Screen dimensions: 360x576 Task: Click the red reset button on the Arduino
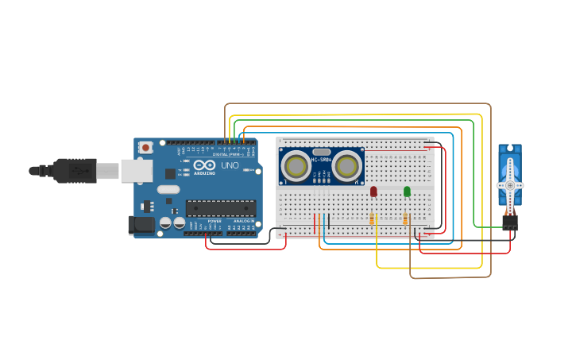[145, 147]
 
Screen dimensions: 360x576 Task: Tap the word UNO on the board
[230, 165]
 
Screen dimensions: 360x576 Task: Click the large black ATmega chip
[220, 208]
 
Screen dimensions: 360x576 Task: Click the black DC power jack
[141, 225]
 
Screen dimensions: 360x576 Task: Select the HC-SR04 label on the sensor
[321, 160]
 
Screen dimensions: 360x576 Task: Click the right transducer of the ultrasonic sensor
[346, 166]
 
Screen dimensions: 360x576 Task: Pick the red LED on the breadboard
[373, 192]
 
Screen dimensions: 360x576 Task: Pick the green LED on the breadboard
[407, 192]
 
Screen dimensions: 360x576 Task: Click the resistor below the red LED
[372, 219]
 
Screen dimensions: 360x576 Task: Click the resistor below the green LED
[405, 219]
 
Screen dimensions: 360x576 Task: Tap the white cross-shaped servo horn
[509, 184]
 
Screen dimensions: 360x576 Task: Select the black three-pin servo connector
[509, 223]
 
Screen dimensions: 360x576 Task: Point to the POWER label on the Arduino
[215, 221]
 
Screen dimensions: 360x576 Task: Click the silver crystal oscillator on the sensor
[321, 151]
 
